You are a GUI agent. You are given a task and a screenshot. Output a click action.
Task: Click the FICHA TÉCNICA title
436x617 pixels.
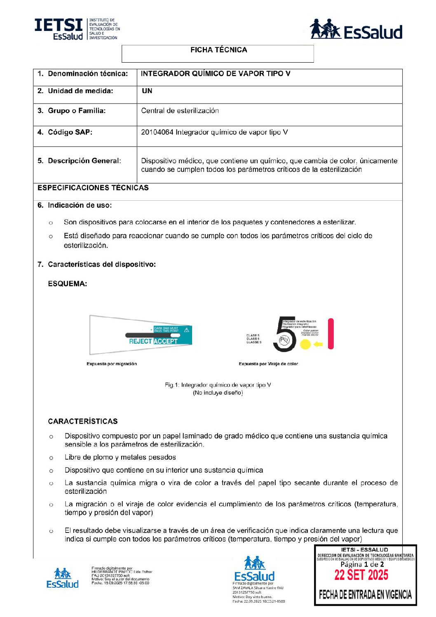tap(218, 50)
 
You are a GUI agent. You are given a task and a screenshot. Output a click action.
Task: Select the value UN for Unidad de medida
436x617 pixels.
tap(147, 91)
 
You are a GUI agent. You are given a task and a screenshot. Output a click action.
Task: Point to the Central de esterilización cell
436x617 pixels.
tap(180, 111)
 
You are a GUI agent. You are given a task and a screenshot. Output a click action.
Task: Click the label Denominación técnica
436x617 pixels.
tap(87, 74)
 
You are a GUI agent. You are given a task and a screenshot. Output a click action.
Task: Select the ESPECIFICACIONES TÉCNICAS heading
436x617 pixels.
tap(93, 188)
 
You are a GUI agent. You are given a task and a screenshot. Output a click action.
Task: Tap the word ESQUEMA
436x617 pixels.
tap(68, 284)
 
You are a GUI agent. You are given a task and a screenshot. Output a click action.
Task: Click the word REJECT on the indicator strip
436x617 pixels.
tap(141, 341)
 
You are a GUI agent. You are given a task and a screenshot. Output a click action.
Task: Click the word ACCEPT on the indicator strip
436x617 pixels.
tap(166, 341)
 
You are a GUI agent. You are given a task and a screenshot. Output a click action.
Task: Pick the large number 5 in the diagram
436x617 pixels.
tap(284, 334)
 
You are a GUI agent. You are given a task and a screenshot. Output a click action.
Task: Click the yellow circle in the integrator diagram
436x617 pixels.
tap(305, 345)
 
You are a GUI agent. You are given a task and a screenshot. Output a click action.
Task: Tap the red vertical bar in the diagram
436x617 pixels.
tap(331, 334)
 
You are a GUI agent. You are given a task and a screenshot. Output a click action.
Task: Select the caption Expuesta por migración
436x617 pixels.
tap(112, 364)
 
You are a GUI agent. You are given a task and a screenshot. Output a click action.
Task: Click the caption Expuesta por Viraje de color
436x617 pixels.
tap(268, 364)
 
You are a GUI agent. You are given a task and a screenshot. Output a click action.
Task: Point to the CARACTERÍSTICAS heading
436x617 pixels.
tap(83, 421)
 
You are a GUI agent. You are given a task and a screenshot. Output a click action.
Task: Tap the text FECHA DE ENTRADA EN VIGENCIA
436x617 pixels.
tap(365, 594)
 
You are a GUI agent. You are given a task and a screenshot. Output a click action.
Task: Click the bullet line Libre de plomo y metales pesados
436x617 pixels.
tap(120, 457)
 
